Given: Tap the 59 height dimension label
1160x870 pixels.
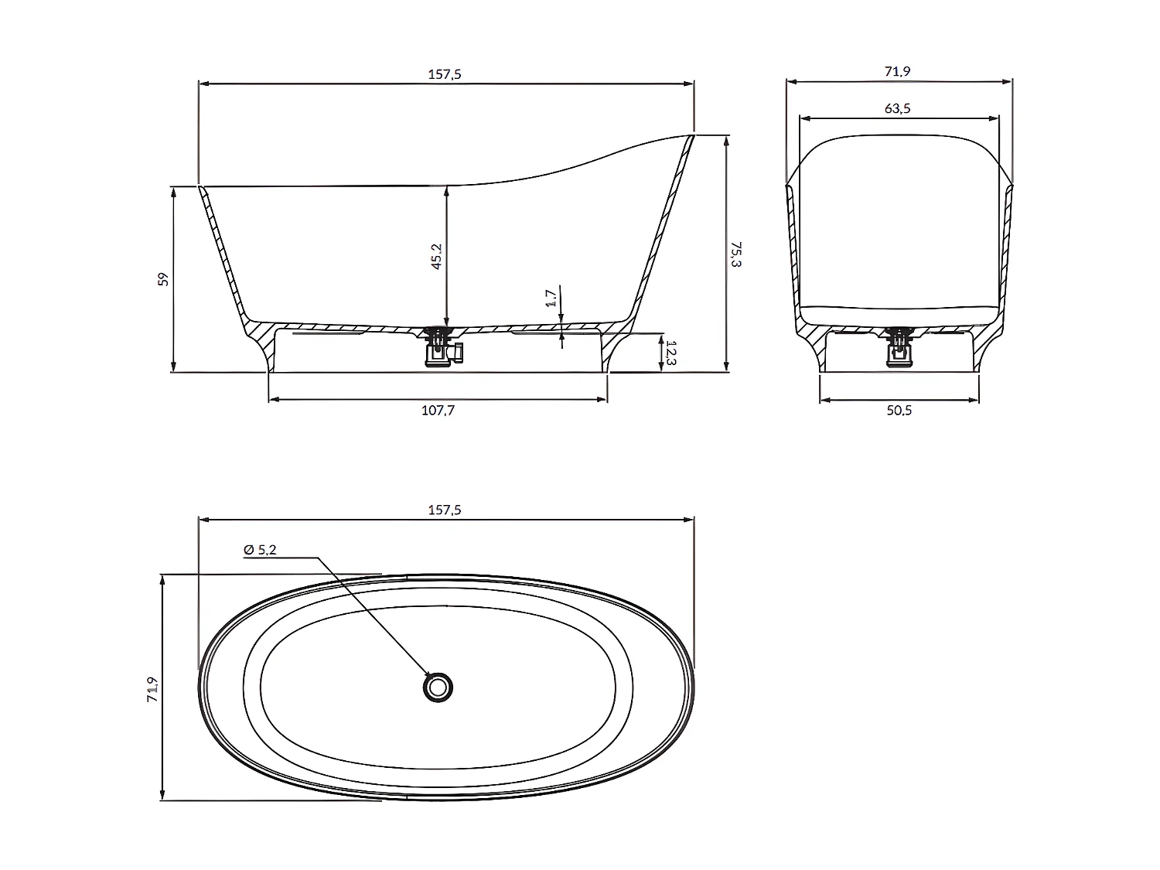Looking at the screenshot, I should [163, 279].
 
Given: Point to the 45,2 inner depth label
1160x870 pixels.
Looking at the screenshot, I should [436, 256].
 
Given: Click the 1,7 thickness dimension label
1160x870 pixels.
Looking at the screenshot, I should [551, 298].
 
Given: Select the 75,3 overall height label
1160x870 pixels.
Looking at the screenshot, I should [735, 254].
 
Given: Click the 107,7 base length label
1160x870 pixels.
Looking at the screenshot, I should [438, 411].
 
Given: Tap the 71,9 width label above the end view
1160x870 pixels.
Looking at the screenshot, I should [897, 71].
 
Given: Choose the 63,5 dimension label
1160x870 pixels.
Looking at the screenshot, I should [897, 109].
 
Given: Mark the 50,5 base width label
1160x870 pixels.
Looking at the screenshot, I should [899, 411].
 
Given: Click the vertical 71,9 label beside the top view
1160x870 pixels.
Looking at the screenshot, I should [152, 688].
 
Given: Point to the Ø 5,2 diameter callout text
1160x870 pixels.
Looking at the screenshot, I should [260, 550].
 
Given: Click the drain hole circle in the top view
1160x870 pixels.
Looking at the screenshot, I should [438, 687].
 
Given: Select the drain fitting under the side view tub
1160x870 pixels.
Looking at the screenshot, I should [442, 348].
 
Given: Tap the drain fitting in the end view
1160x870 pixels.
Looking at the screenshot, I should [900, 348].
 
